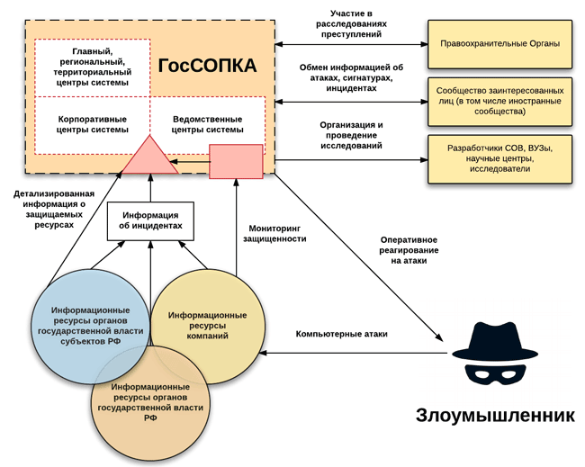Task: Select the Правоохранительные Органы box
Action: click(x=501, y=43)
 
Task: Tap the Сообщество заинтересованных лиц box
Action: click(x=501, y=102)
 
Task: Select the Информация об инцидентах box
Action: click(x=150, y=220)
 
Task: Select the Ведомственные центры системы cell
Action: click(x=207, y=123)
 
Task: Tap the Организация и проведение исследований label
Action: click(x=350, y=134)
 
